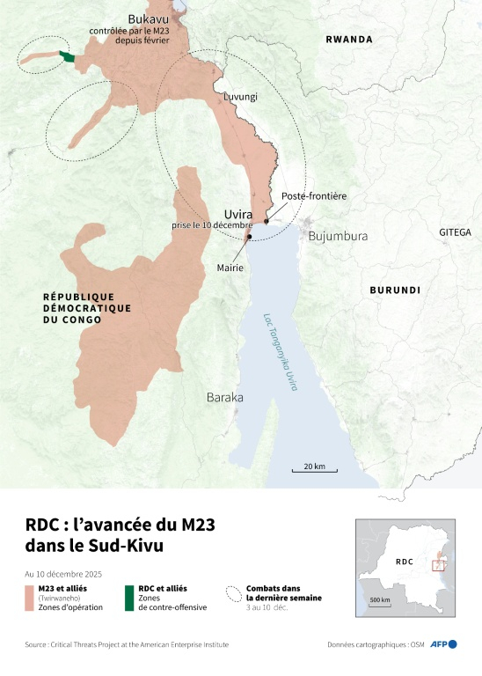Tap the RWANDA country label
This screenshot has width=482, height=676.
pyautogui.click(x=349, y=40)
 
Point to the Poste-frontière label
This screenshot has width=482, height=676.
pyautogui.click(x=314, y=196)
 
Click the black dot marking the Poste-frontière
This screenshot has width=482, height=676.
pyautogui.click(x=267, y=222)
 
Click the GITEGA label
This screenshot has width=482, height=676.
pyautogui.click(x=456, y=232)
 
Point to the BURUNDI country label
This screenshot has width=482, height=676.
pyautogui.click(x=394, y=290)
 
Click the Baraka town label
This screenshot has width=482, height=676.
pyautogui.click(x=224, y=398)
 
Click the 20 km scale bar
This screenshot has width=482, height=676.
pyautogui.click(x=314, y=470)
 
